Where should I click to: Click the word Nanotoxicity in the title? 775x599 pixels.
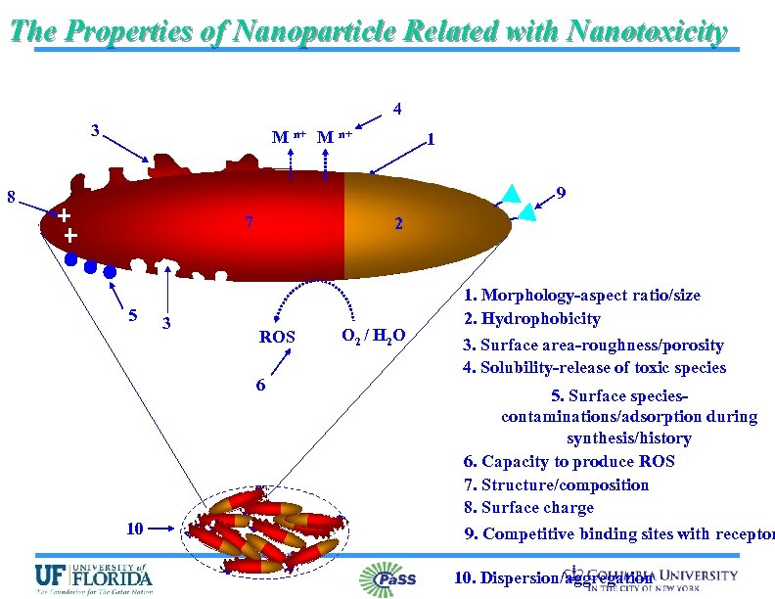(644, 31)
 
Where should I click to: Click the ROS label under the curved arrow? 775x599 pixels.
(277, 337)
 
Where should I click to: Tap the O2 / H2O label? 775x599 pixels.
(373, 337)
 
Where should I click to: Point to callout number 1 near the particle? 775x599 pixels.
(430, 139)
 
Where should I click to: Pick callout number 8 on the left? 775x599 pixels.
(10, 196)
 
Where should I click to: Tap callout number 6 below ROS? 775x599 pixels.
(259, 385)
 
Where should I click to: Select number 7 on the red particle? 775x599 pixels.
(250, 221)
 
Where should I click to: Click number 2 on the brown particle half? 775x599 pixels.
(397, 223)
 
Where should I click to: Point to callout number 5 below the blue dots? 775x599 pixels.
(132, 315)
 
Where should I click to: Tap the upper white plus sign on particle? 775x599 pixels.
(64, 214)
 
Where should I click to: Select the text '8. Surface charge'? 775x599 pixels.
(528, 507)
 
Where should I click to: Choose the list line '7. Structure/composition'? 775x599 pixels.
(556, 484)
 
